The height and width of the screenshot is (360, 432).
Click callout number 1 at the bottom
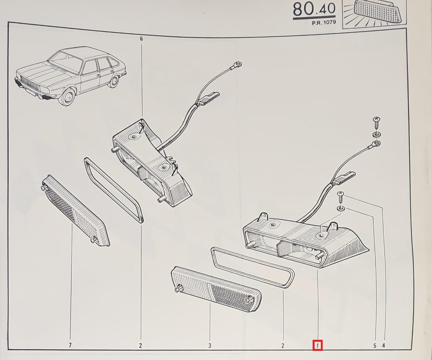(x=317, y=345)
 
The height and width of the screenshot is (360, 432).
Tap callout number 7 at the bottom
(x=70, y=345)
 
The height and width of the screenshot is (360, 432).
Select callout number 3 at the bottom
(x=210, y=345)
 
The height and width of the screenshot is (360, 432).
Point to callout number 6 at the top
(x=141, y=39)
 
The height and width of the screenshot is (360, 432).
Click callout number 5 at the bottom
(x=375, y=345)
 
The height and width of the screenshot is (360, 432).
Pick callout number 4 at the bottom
(x=383, y=345)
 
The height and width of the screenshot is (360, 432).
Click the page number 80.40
(x=314, y=9)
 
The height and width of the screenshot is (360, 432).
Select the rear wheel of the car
(x=114, y=82)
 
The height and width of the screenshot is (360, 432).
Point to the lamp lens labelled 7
(x=75, y=211)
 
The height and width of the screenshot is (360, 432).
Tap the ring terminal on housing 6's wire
(x=238, y=64)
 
